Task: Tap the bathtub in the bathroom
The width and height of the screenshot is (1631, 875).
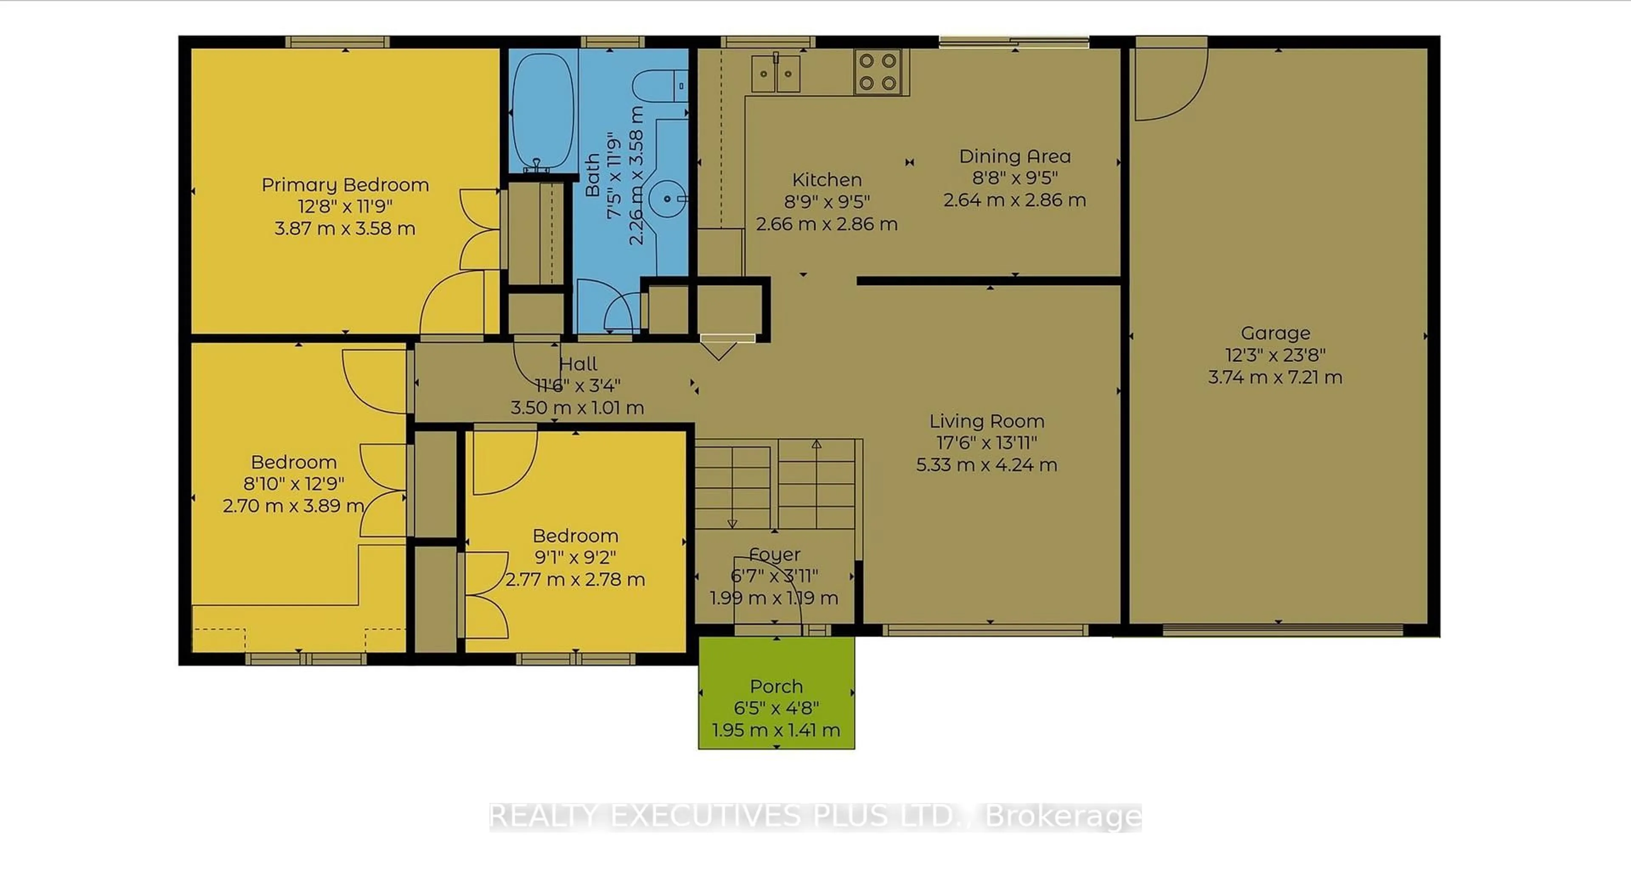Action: point(543,111)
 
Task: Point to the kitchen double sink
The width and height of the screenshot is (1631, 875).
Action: point(776,73)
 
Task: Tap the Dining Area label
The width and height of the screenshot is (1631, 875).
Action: point(1014,156)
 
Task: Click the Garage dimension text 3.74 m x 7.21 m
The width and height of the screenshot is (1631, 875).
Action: point(1275,378)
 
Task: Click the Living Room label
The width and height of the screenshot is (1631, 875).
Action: point(986,421)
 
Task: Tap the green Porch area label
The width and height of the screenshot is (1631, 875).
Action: point(776,687)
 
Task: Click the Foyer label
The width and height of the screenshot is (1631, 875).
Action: point(774,555)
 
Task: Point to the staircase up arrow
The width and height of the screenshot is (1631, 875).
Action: point(817,446)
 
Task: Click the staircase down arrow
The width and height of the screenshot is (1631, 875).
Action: point(733,523)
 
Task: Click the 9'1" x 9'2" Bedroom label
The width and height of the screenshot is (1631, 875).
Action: point(575,536)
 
